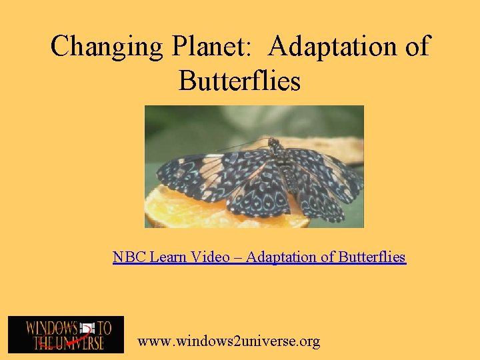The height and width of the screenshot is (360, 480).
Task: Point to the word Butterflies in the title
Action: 239,81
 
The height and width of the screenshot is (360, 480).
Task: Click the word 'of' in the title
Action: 416,47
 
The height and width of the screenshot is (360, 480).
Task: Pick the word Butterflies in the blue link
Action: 372,257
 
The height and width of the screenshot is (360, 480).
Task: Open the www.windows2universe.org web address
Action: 229,341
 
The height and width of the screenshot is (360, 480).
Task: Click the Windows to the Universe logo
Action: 65,334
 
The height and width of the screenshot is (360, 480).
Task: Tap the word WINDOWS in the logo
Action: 52,327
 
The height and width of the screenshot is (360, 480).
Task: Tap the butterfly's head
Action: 273,144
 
